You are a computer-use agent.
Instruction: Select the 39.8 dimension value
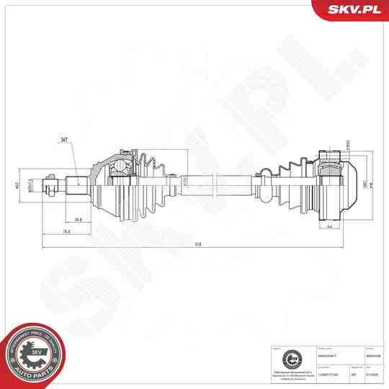pyautogui.click(x=77, y=220)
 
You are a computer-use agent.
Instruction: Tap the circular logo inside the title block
pyautogui.click(x=290, y=358)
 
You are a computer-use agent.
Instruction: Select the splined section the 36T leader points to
pyautogui.click(x=76, y=185)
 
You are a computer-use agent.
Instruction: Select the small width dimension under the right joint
pyautogui.click(x=329, y=228)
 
